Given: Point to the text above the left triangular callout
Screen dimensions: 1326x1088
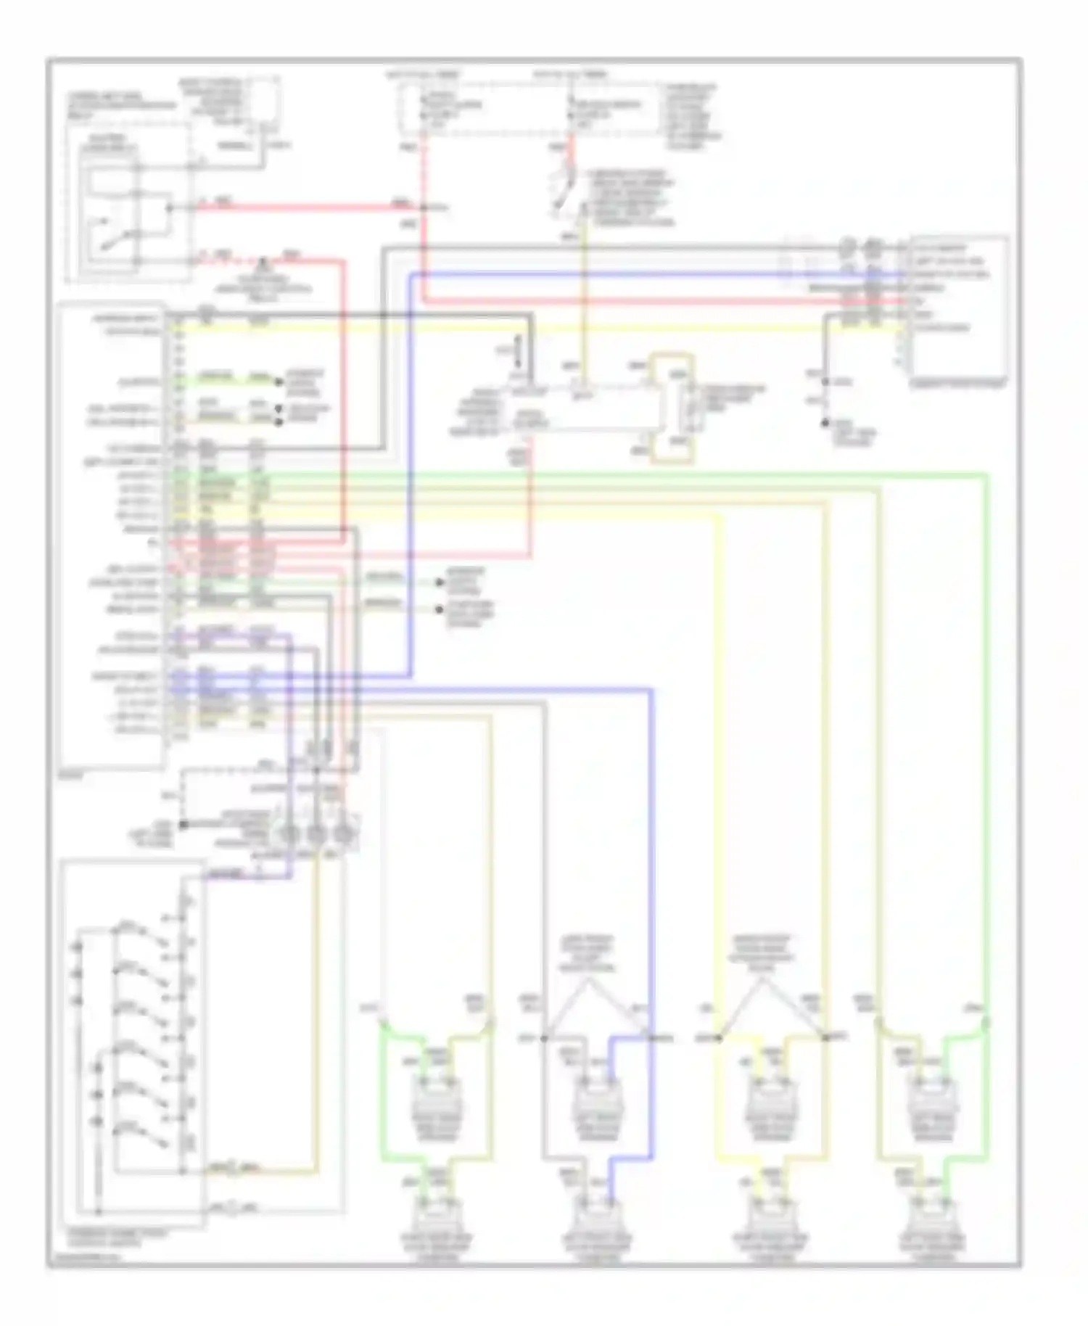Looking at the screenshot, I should coord(588,953).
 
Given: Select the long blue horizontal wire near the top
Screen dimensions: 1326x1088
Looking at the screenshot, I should coord(653,274).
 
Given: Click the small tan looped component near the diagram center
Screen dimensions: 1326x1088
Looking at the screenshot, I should coord(672,408).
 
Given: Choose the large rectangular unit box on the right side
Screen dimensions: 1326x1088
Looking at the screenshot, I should coord(959,305).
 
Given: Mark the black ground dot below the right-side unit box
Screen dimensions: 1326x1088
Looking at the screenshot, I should coord(825,423).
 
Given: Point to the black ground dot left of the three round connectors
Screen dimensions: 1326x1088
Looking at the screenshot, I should coord(184,825).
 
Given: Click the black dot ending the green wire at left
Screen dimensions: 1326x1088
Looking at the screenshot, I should coord(278,382).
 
